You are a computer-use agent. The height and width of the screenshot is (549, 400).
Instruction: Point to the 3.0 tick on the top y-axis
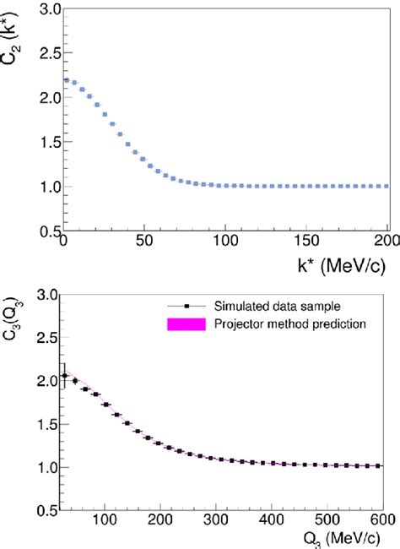[43, 9]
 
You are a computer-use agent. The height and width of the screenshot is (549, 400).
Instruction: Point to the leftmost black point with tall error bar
[65, 376]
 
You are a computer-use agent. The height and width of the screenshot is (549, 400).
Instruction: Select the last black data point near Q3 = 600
[379, 465]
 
